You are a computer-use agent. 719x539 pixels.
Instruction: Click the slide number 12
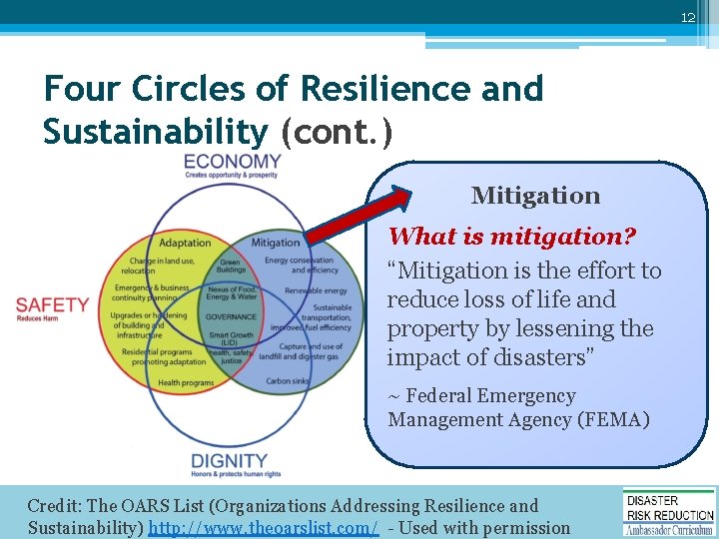pyautogui.click(x=688, y=17)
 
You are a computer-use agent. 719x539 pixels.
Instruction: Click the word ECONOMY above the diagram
pyautogui.click(x=233, y=162)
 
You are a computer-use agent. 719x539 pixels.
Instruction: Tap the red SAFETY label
pyautogui.click(x=53, y=304)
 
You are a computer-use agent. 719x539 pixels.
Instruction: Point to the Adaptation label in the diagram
pyautogui.click(x=186, y=243)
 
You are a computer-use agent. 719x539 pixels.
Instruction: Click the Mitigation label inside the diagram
pyautogui.click(x=275, y=243)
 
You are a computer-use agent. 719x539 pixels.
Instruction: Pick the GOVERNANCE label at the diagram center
pyautogui.click(x=231, y=316)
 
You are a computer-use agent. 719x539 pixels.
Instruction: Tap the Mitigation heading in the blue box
pyautogui.click(x=535, y=196)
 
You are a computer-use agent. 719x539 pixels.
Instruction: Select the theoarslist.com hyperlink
pyautogui.click(x=264, y=528)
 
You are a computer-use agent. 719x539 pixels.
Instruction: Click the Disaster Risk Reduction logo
pyautogui.click(x=668, y=512)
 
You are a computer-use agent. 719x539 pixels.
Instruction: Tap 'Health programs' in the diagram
pyautogui.click(x=186, y=382)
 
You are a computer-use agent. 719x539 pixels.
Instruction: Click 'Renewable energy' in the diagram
pyautogui.click(x=316, y=291)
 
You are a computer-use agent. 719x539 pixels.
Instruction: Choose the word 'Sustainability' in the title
pyautogui.click(x=155, y=131)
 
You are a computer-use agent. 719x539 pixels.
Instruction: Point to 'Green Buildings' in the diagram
pyautogui.click(x=231, y=266)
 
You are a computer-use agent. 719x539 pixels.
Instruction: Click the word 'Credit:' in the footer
pyautogui.click(x=55, y=506)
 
